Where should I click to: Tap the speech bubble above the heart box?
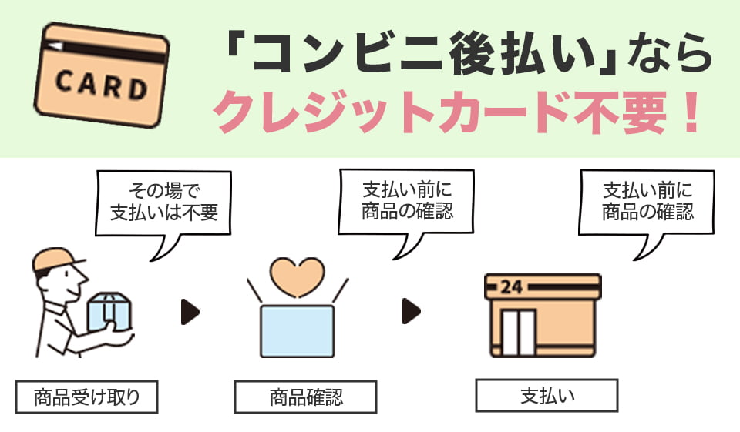pyautogui.click(x=407, y=200)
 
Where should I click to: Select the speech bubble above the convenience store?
pyautogui.click(x=647, y=200)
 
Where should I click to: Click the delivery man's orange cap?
pyautogui.click(x=52, y=260)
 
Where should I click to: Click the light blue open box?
pyautogui.click(x=297, y=331)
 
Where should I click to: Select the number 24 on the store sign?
pyautogui.click(x=511, y=287)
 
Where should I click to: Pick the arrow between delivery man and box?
pyautogui.click(x=190, y=312)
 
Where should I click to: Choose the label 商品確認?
pyautogui.click(x=305, y=397)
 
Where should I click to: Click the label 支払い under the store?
pyautogui.click(x=547, y=396)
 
